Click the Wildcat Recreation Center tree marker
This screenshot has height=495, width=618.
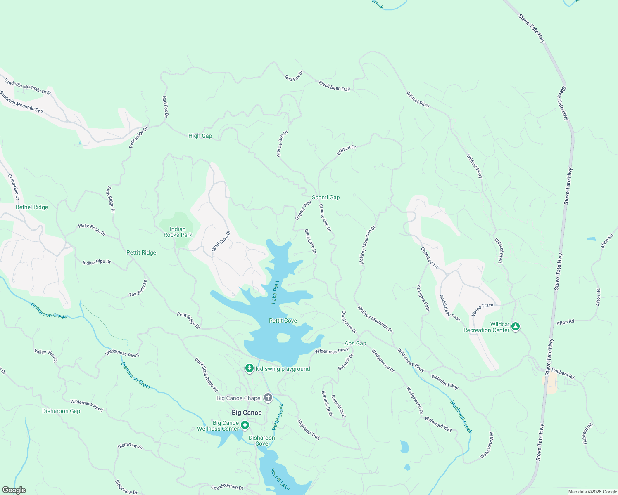[515, 327]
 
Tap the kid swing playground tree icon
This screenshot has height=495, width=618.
[249, 368]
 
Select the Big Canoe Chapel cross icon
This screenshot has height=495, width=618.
[268, 398]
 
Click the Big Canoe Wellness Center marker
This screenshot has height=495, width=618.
[245, 425]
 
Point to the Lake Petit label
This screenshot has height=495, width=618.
[275, 292]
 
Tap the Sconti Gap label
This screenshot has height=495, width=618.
[326, 197]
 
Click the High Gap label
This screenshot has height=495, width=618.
[200, 136]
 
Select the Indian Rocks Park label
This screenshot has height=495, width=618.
[178, 232]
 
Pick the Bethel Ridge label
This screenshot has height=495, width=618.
[32, 207]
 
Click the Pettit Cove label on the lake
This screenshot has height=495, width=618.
[283, 321]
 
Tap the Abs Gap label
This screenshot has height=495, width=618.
[355, 343]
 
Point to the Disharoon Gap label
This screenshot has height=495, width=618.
[61, 411]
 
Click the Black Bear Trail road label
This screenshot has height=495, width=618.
[334, 86]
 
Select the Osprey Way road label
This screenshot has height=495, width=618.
[303, 210]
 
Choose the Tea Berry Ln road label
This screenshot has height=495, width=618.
[138, 288]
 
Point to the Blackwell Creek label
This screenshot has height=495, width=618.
[461, 417]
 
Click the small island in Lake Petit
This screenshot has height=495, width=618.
[283, 338]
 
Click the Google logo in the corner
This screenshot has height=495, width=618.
[14, 490]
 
